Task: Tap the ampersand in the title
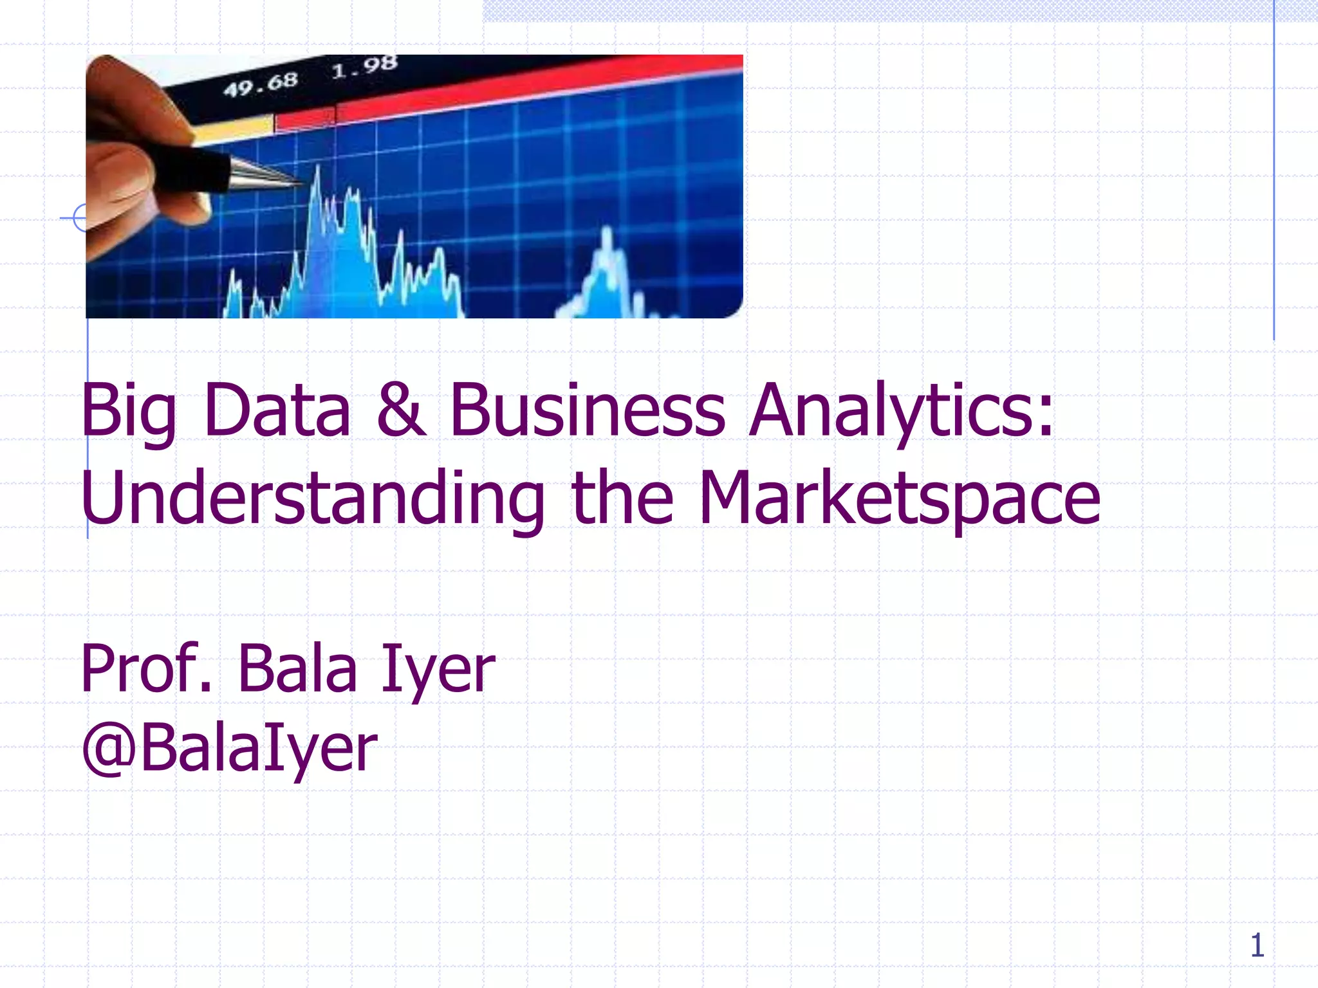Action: pos(400,410)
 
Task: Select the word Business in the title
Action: pos(587,410)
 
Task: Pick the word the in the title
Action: pos(622,498)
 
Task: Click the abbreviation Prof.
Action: pos(147,669)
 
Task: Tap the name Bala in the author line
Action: pos(297,669)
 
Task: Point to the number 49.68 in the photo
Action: pos(261,84)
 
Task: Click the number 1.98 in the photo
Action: pos(364,66)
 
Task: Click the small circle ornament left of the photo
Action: pos(80,218)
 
